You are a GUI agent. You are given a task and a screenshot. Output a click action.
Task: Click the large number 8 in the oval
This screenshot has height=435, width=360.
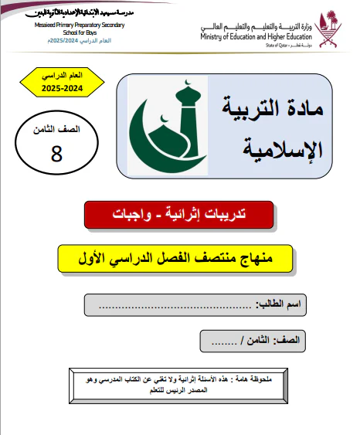coord(56,153)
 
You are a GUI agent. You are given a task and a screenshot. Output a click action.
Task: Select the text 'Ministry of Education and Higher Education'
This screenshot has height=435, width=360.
coord(256,36)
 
